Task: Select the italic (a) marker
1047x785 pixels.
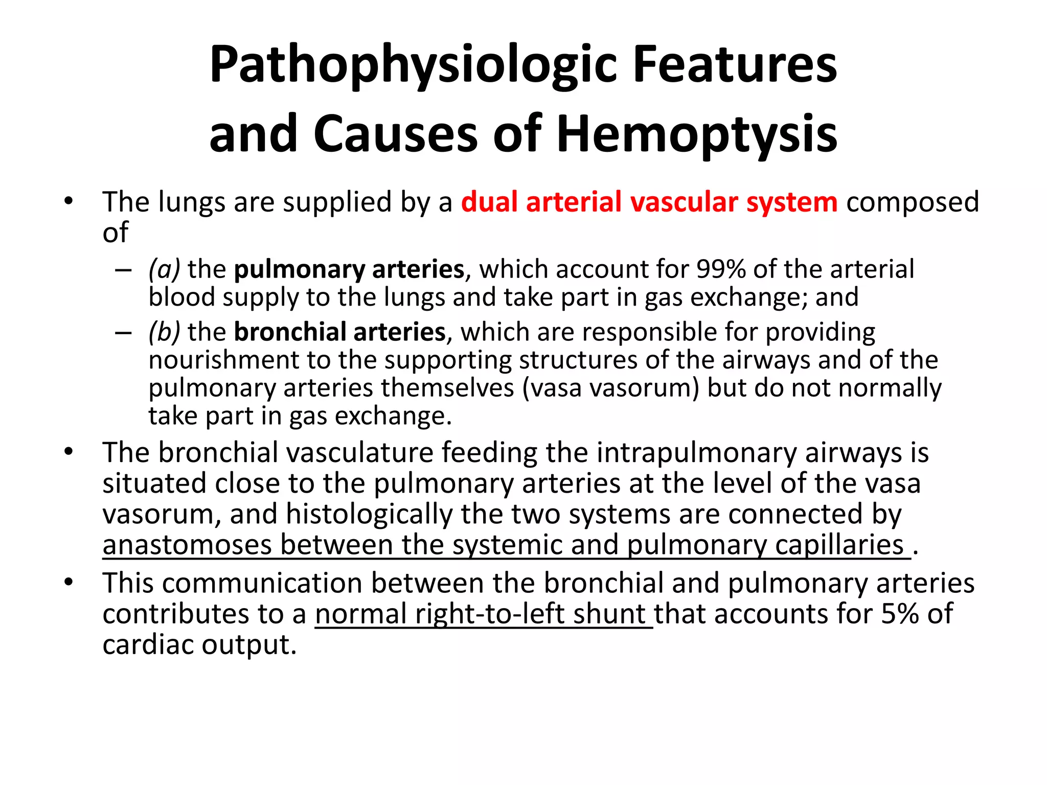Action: coord(164,269)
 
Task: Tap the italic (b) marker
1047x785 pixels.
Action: coord(164,332)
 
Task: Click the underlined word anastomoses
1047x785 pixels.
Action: coord(187,545)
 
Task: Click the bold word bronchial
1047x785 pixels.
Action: coord(289,332)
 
